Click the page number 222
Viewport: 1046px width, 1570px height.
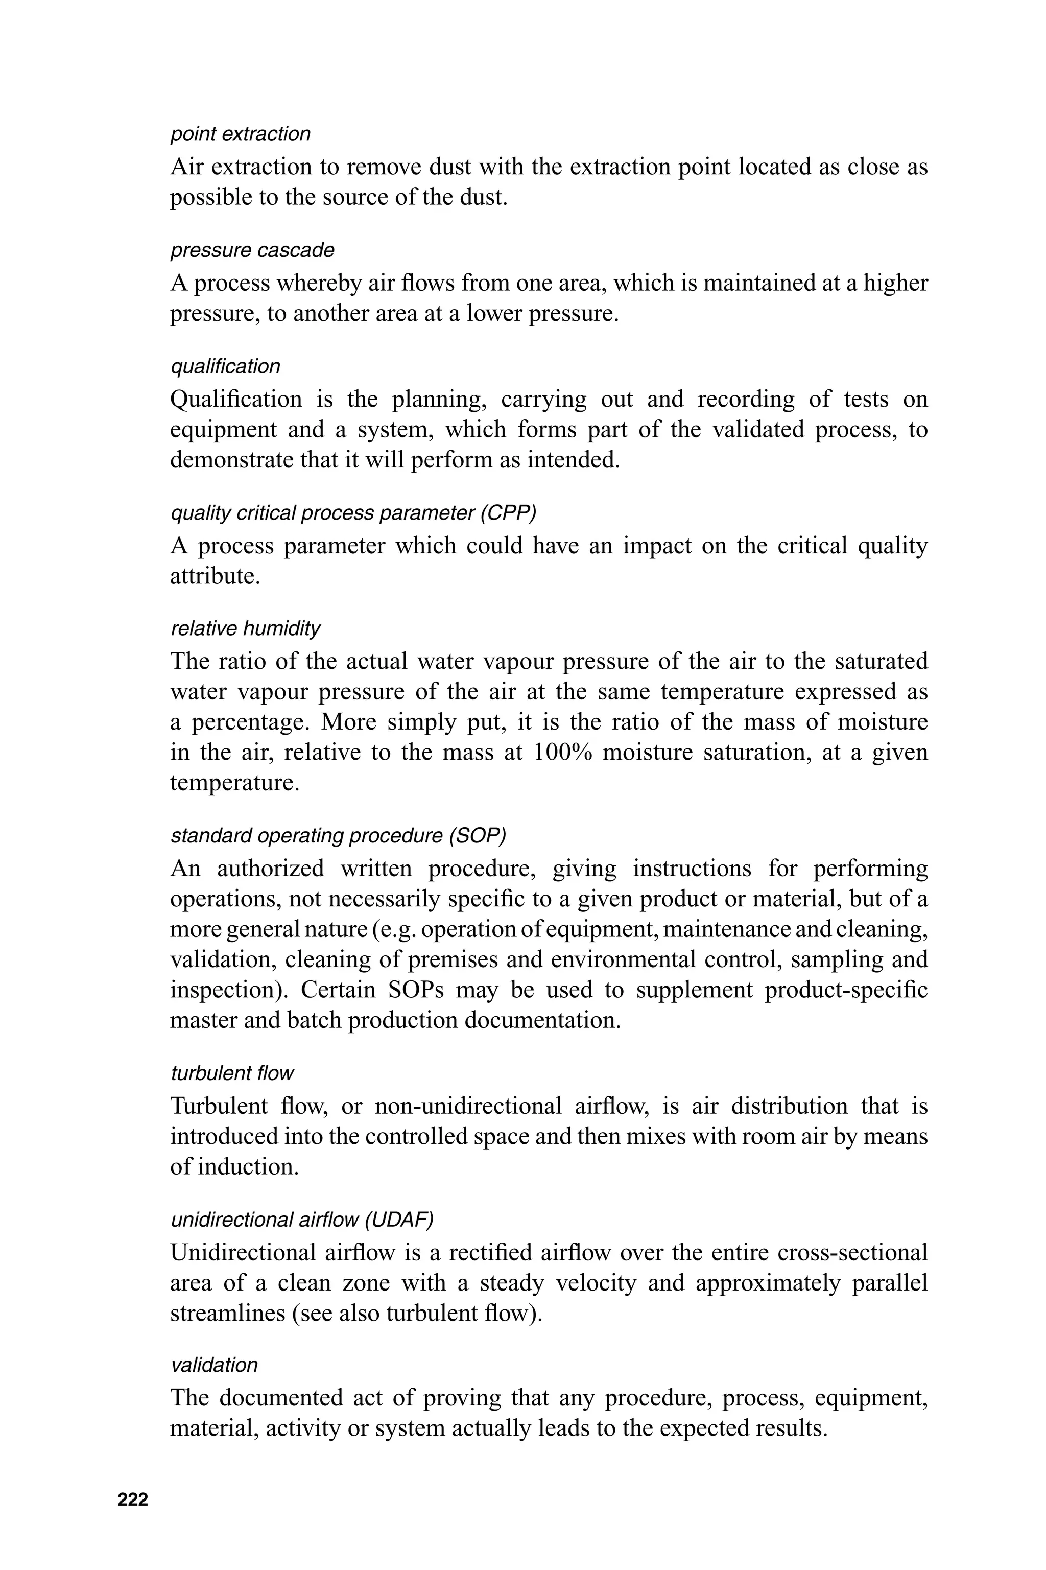133,1499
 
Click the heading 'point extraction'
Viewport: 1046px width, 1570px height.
240,134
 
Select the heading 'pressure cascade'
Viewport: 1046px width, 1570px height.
252,250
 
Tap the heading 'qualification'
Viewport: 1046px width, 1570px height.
225,366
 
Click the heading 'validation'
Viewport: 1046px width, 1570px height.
214,1365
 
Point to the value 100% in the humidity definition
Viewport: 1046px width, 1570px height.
563,753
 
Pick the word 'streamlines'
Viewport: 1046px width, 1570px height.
225,1313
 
